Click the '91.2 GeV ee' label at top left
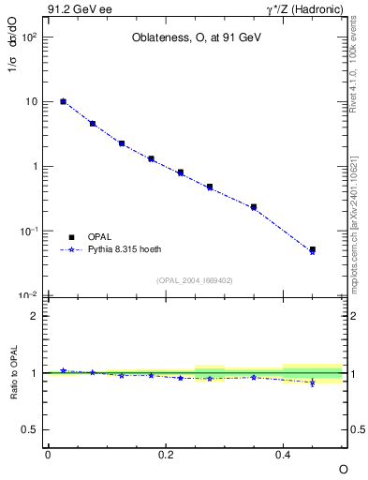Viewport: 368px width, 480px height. (x=74, y=10)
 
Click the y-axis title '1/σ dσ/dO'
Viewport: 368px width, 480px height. (x=14, y=69)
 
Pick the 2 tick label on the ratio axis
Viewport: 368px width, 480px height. (x=35, y=316)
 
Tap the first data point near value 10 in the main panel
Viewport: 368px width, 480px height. (x=63, y=101)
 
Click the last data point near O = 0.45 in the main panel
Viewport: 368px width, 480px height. (x=312, y=250)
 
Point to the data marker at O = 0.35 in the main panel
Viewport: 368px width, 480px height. (x=254, y=207)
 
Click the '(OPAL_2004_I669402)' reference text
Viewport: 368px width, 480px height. (x=195, y=279)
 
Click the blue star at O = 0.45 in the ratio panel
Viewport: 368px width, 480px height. (x=312, y=382)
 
